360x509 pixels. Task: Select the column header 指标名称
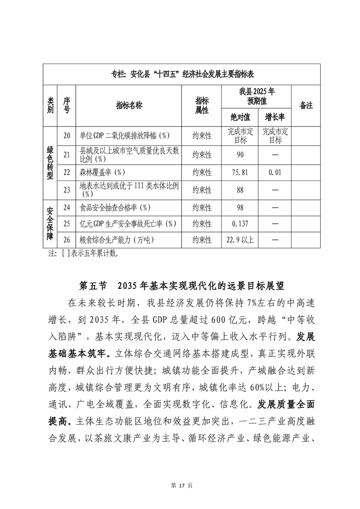point(129,105)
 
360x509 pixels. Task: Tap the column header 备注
point(306,105)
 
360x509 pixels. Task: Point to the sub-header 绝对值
point(240,117)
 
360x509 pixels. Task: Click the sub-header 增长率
point(275,117)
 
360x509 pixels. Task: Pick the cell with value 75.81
point(240,172)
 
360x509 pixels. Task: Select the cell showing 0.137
point(240,224)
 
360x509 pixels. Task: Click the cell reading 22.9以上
point(240,240)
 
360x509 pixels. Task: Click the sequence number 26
point(67,240)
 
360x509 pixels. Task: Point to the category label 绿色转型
point(50,163)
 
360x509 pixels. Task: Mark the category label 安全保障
point(50,224)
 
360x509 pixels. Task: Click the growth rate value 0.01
point(275,172)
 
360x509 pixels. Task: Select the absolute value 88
point(240,190)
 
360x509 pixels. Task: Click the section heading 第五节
point(93,286)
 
